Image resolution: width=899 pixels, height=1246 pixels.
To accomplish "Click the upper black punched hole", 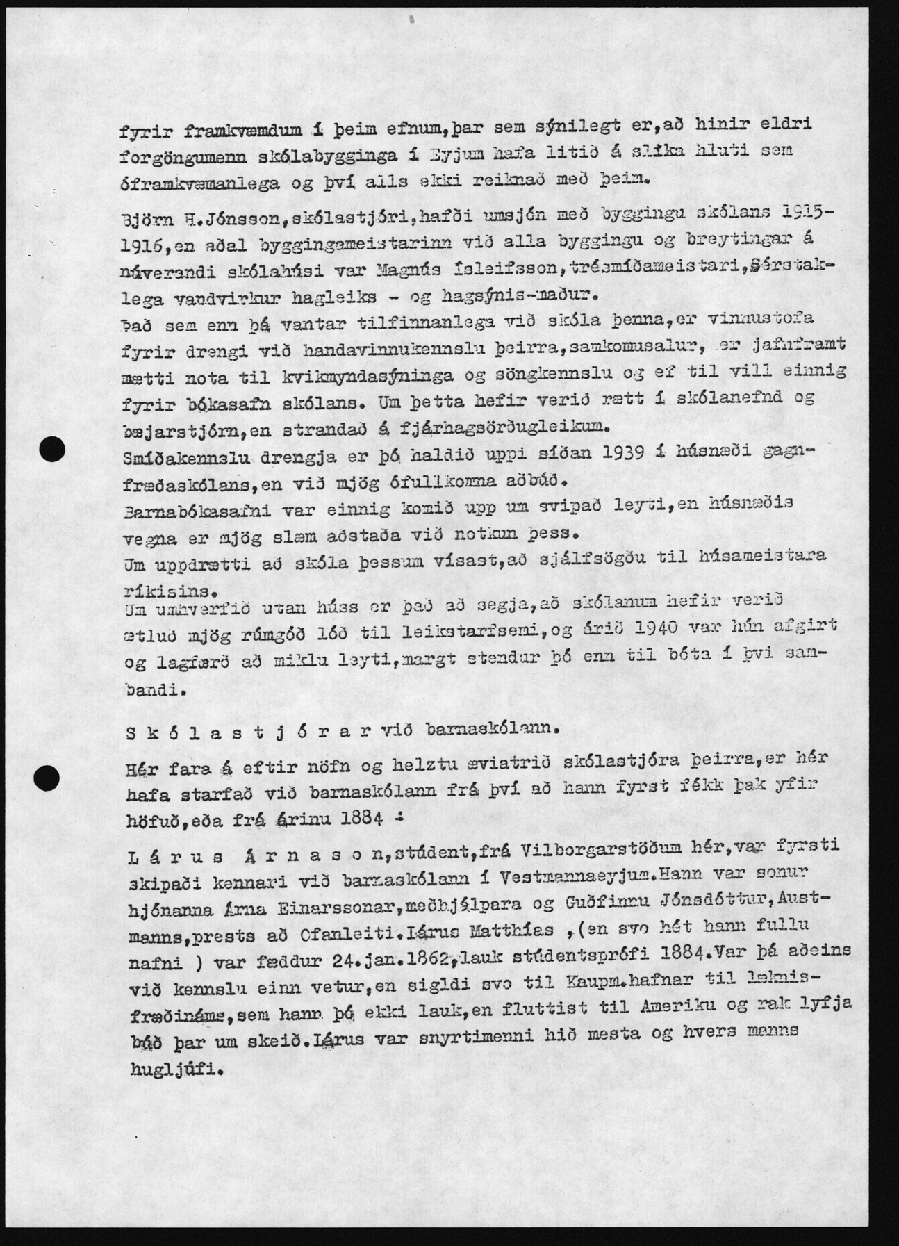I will pos(52,450).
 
